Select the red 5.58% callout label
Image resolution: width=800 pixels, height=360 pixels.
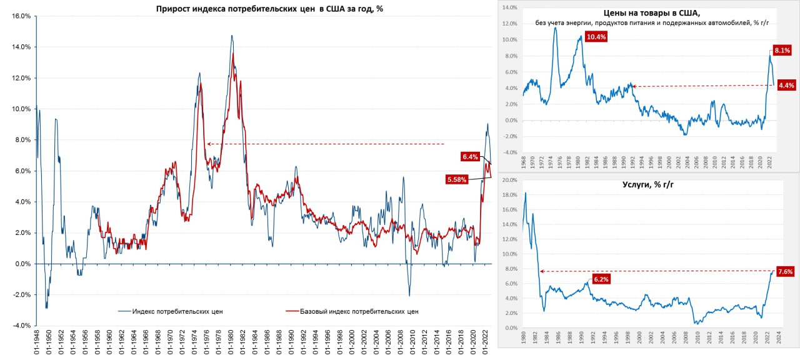[457, 179]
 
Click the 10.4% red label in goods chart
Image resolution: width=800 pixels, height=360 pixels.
[596, 37]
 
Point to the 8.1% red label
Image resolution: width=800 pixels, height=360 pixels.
[782, 50]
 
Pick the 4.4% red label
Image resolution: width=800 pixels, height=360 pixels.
[786, 86]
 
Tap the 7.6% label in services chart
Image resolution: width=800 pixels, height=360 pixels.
[784, 271]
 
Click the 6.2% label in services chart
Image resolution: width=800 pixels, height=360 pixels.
[601, 279]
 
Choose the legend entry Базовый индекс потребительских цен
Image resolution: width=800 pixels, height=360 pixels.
[359, 311]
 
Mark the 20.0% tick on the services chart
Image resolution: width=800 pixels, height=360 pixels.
[509, 180]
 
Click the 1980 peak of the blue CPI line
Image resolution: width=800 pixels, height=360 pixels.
[232, 36]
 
